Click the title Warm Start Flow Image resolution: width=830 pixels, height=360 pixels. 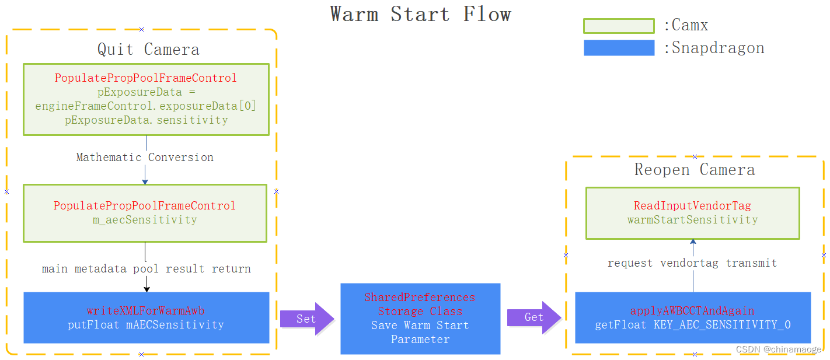click(x=420, y=14)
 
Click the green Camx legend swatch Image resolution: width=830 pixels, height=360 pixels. click(x=619, y=26)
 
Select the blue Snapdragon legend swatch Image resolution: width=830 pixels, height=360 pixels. click(x=619, y=48)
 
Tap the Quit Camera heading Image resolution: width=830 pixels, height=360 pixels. click(x=148, y=50)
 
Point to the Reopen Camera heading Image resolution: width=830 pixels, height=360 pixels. click(x=695, y=170)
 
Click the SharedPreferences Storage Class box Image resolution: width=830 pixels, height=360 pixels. click(x=420, y=319)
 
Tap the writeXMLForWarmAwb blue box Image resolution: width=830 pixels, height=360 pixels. click(x=146, y=317)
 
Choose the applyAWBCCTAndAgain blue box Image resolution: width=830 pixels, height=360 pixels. click(x=693, y=317)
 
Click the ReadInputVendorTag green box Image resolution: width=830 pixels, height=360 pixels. click(x=693, y=213)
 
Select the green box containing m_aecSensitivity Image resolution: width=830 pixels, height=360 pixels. click(x=145, y=213)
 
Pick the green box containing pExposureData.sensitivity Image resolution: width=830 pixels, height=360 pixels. click(x=146, y=99)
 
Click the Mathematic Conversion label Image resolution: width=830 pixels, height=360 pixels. click(x=145, y=158)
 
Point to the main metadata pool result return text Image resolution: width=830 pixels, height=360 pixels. click(x=147, y=269)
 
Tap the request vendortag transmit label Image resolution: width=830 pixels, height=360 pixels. click(x=692, y=263)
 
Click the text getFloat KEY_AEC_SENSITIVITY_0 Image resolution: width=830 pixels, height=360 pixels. click(x=693, y=325)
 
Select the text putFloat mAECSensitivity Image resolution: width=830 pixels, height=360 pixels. click(x=146, y=325)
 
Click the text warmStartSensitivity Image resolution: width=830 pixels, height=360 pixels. click(x=693, y=220)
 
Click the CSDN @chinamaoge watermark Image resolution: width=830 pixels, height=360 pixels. click(x=779, y=349)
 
